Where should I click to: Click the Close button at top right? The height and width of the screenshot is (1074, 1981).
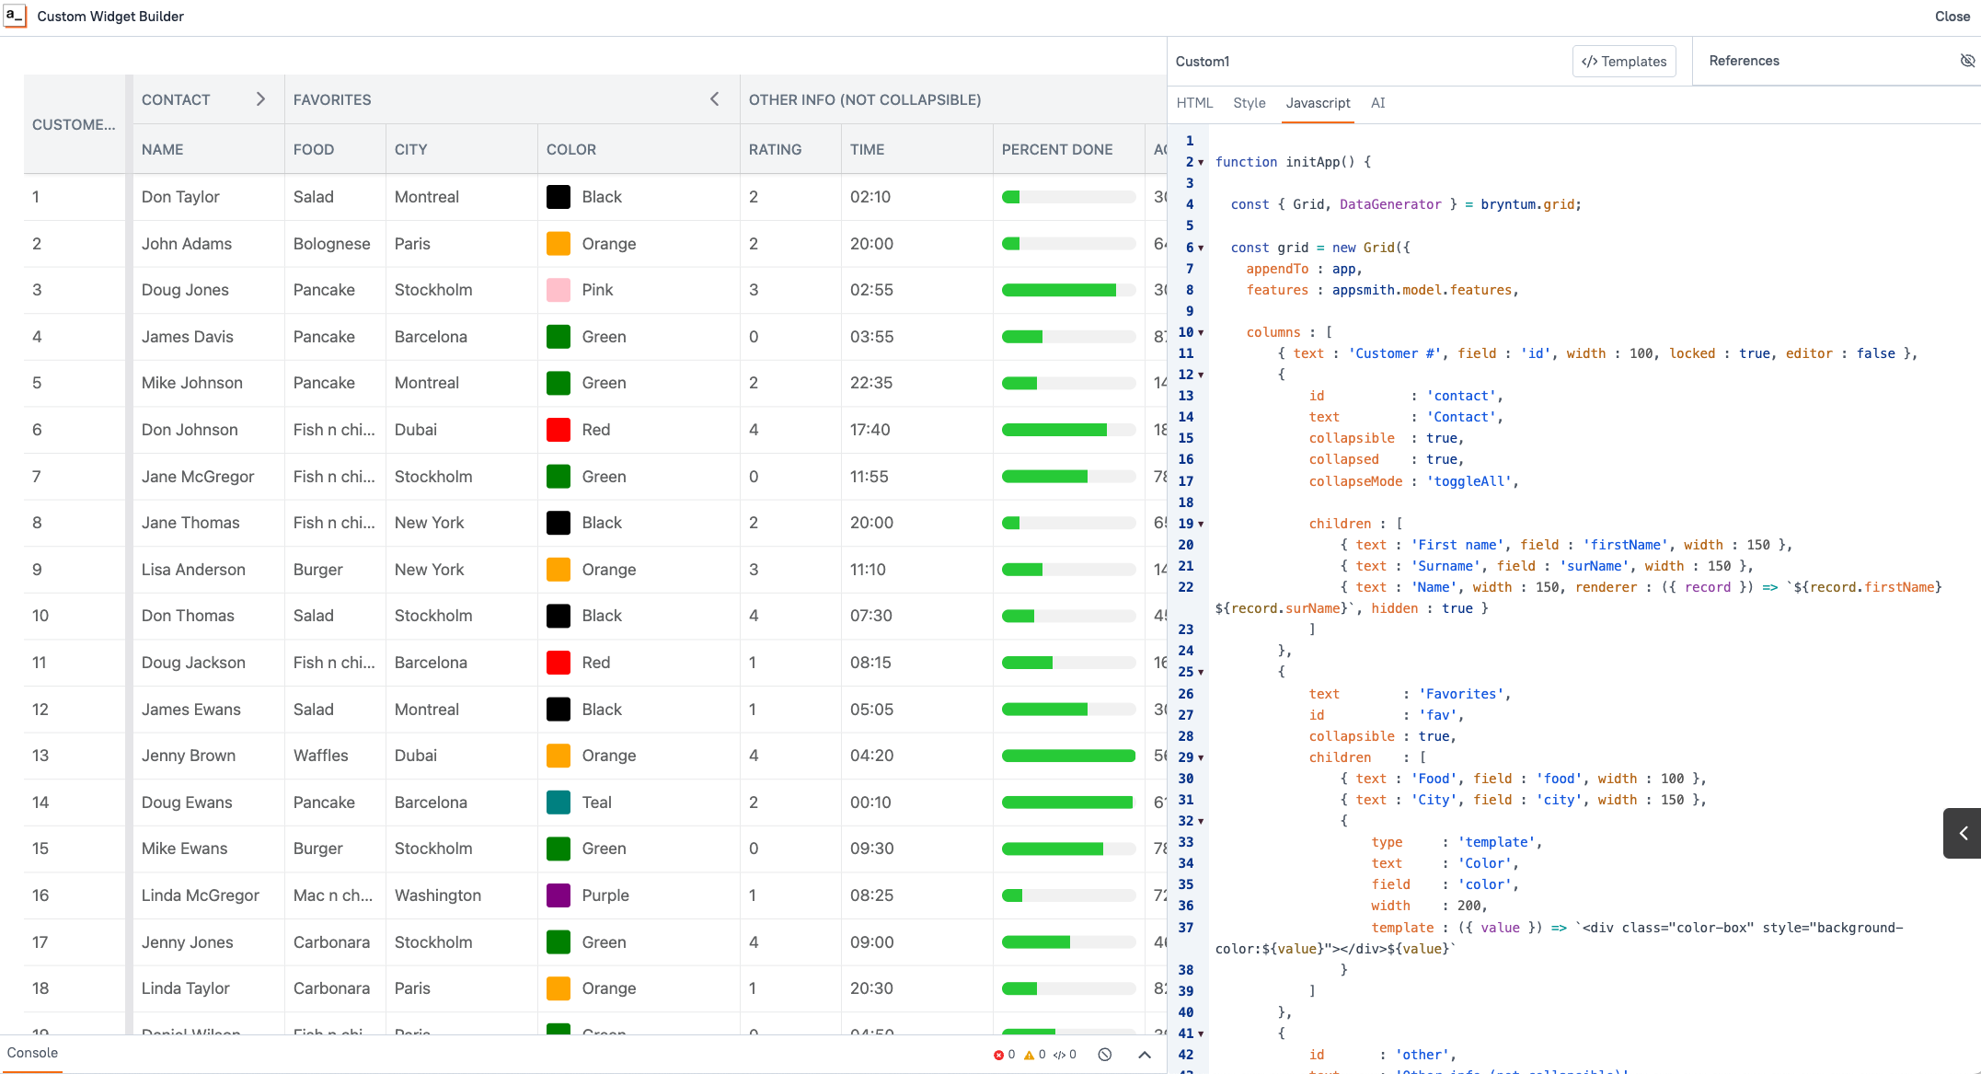[1952, 17]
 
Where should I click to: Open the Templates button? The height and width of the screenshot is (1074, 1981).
[1624, 62]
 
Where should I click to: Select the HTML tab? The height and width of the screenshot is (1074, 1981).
[1194, 103]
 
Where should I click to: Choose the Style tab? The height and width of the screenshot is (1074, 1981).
[1249, 103]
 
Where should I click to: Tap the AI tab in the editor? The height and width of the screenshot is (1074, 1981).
[1377, 103]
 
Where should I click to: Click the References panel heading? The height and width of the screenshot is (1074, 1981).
[1744, 61]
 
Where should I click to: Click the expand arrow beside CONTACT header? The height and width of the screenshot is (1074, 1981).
[260, 99]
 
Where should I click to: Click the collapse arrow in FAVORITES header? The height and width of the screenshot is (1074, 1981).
[714, 99]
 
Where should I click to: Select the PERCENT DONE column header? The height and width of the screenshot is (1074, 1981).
[1057, 149]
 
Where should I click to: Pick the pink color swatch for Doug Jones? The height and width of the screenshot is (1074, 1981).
[558, 290]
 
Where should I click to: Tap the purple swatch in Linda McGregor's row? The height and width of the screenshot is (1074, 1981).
[558, 895]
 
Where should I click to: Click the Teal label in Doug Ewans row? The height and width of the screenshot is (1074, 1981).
[596, 803]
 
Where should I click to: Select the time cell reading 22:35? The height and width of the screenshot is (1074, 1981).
[870, 383]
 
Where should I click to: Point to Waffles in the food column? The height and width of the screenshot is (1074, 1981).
[320, 756]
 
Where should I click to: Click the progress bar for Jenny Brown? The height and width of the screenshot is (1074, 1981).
[1067, 756]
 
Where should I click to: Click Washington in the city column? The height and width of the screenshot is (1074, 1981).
[437, 895]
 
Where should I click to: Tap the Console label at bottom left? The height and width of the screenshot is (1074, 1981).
[32, 1053]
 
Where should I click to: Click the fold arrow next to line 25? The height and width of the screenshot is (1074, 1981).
[1201, 673]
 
